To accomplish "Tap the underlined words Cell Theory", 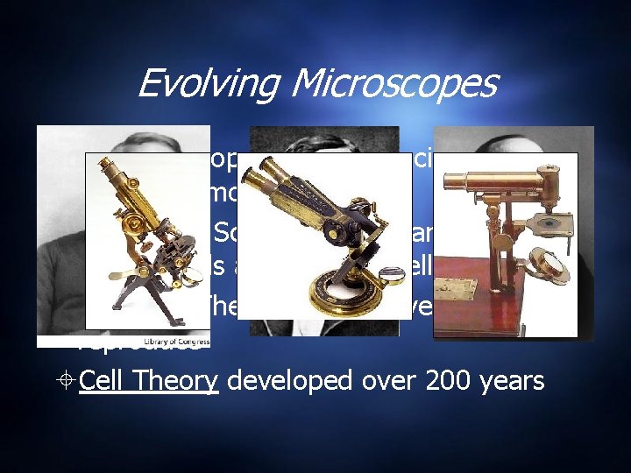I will tap(148, 381).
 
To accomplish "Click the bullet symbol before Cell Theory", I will tap(67, 382).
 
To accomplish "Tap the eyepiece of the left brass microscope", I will tap(108, 164).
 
